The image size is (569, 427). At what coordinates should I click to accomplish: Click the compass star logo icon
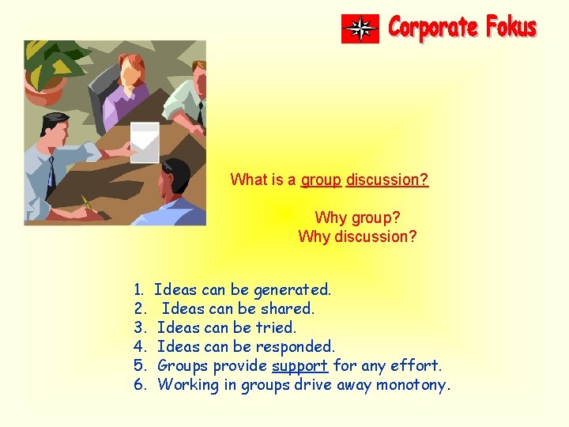pyautogui.click(x=360, y=28)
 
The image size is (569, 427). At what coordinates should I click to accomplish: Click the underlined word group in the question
pyautogui.click(x=321, y=179)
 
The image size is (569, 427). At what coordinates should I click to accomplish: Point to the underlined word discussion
pyautogui.click(x=387, y=179)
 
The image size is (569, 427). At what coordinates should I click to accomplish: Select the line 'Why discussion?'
pyautogui.click(x=357, y=236)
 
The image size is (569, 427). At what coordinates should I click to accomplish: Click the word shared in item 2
pyautogui.click(x=288, y=308)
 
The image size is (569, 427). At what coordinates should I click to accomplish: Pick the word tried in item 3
pyautogui.click(x=277, y=327)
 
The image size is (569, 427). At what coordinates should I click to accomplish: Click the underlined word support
pyautogui.click(x=300, y=365)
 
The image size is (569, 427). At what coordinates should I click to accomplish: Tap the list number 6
pyautogui.click(x=139, y=385)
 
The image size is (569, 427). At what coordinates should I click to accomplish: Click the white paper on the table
pyautogui.click(x=145, y=142)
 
